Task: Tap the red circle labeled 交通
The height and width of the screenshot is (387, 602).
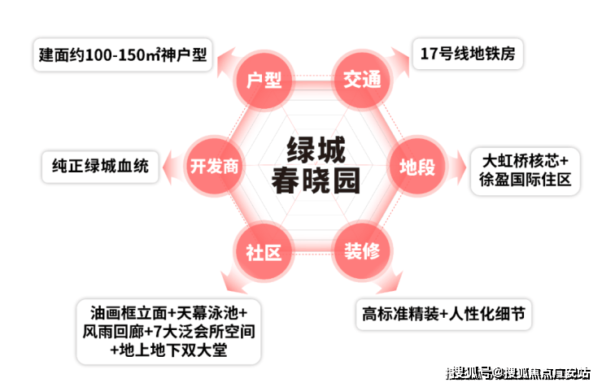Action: pos(360,80)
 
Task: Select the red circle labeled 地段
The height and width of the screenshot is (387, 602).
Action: pos(417,167)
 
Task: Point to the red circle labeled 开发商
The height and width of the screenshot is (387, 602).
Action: pos(213,167)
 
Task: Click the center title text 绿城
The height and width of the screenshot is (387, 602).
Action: pos(316,150)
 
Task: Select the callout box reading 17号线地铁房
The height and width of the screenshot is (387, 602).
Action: pos(468,54)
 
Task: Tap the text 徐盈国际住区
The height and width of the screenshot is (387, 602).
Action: pos(526,180)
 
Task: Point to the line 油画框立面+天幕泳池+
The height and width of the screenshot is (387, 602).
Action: pos(169,313)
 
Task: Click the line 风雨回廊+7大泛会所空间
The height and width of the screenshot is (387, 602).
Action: pos(169,333)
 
